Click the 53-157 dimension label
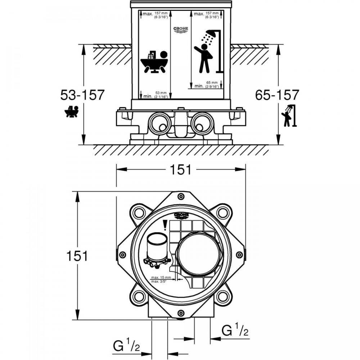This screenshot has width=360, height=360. [x=82, y=95]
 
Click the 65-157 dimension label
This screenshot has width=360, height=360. [x=277, y=95]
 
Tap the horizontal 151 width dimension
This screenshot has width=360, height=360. [x=180, y=170]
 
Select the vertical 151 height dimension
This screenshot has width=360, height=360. [x=76, y=256]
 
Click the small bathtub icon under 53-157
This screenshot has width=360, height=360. [x=72, y=112]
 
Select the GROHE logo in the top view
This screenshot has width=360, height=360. [x=181, y=215]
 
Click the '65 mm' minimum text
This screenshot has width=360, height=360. [x=211, y=83]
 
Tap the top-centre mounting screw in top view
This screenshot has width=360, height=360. [x=180, y=196]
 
